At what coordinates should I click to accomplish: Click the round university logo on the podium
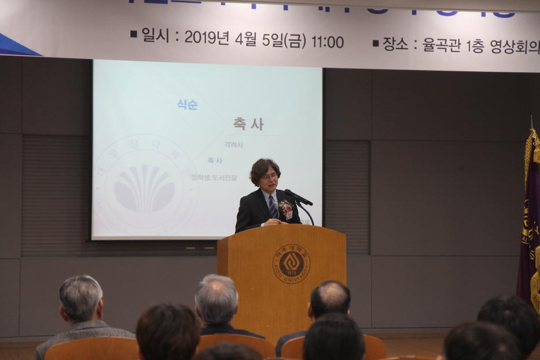click(291, 263)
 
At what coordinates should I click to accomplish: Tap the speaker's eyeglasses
click(269, 176)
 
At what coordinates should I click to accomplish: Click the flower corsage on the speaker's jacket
click(285, 207)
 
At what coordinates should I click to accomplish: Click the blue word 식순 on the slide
click(187, 105)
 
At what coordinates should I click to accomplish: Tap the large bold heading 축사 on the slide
click(248, 123)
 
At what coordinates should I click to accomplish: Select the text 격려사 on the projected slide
click(233, 145)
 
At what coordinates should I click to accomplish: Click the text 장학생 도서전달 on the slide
click(214, 178)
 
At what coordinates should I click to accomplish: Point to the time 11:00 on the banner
click(328, 42)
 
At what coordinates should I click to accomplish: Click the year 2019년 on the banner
click(207, 38)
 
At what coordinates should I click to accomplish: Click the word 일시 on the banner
click(155, 36)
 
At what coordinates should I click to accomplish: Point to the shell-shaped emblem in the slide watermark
click(144, 188)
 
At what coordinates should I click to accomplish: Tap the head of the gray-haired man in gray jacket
click(80, 297)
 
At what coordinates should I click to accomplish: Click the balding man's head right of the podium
click(330, 298)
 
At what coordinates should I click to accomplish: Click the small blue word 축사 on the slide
click(215, 160)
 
